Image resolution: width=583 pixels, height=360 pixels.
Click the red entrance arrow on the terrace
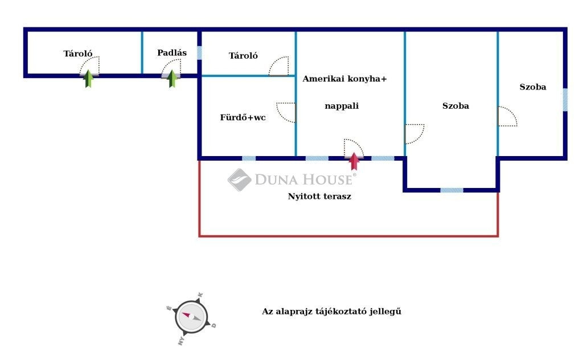click(354, 161)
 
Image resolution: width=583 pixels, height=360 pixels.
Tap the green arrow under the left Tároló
click(88, 78)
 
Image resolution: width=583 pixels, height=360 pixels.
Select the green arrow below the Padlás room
click(172, 78)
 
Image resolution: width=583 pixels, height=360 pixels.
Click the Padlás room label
click(172, 53)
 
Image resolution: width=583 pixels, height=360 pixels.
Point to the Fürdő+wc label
click(243, 118)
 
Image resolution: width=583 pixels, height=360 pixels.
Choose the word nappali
click(342, 105)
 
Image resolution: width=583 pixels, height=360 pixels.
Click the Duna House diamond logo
click(239, 179)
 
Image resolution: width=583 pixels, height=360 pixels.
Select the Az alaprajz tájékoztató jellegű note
click(331, 312)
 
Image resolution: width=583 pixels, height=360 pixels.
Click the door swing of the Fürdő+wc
click(286, 112)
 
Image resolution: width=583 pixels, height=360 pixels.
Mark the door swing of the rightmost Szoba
click(507, 116)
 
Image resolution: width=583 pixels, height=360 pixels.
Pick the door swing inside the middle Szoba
click(414, 133)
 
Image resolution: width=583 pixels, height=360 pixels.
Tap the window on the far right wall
click(565, 99)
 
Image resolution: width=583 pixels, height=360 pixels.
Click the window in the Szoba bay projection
click(451, 190)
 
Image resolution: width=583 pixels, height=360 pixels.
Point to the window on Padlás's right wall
click(199, 53)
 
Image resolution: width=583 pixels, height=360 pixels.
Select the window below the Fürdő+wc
click(249, 158)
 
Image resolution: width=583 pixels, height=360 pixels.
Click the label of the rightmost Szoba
click(532, 87)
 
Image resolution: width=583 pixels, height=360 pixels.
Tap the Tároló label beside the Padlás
click(243, 56)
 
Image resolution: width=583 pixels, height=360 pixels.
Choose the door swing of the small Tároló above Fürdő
click(280, 66)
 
